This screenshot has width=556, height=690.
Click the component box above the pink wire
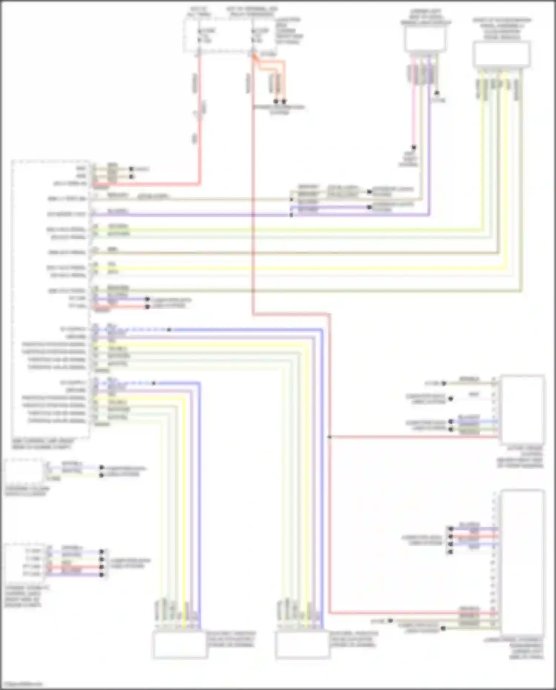[x=425, y=39]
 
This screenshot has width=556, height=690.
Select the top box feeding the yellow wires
[x=501, y=55]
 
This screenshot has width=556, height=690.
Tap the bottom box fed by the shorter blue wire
[x=180, y=645]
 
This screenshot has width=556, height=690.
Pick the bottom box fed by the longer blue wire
[x=302, y=645]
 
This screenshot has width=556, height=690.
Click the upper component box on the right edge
[x=522, y=410]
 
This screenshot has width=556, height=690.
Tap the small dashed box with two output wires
[x=24, y=471]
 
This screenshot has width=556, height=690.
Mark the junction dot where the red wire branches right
[x=329, y=437]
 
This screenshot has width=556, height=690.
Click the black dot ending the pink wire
[x=414, y=147]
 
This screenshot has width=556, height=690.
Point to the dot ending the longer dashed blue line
[x=169, y=329]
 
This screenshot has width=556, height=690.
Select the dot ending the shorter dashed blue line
[x=153, y=383]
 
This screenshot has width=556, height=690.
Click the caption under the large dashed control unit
[x=43, y=444]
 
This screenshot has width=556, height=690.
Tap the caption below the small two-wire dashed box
[x=27, y=491]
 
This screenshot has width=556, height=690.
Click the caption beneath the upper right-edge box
[x=521, y=457]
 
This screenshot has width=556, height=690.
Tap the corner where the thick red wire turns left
[x=200, y=183]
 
